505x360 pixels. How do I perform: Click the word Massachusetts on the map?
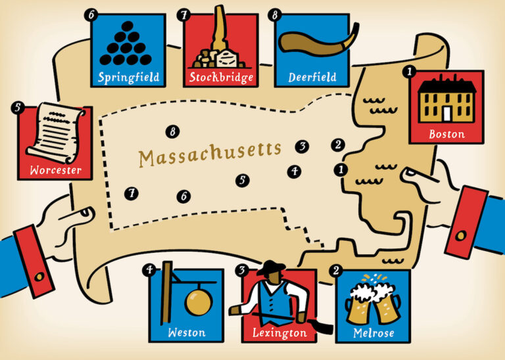[x=210, y=156]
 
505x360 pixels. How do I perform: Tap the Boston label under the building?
[x=446, y=134]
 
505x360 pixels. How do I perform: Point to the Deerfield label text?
[x=312, y=77]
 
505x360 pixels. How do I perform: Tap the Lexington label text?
[x=279, y=333]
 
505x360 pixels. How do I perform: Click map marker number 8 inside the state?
[x=173, y=132]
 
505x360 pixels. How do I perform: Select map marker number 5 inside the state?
[x=243, y=179]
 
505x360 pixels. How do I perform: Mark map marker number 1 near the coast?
[x=340, y=169]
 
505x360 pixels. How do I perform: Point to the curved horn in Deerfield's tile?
[x=312, y=41]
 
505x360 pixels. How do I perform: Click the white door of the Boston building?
[x=447, y=113]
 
